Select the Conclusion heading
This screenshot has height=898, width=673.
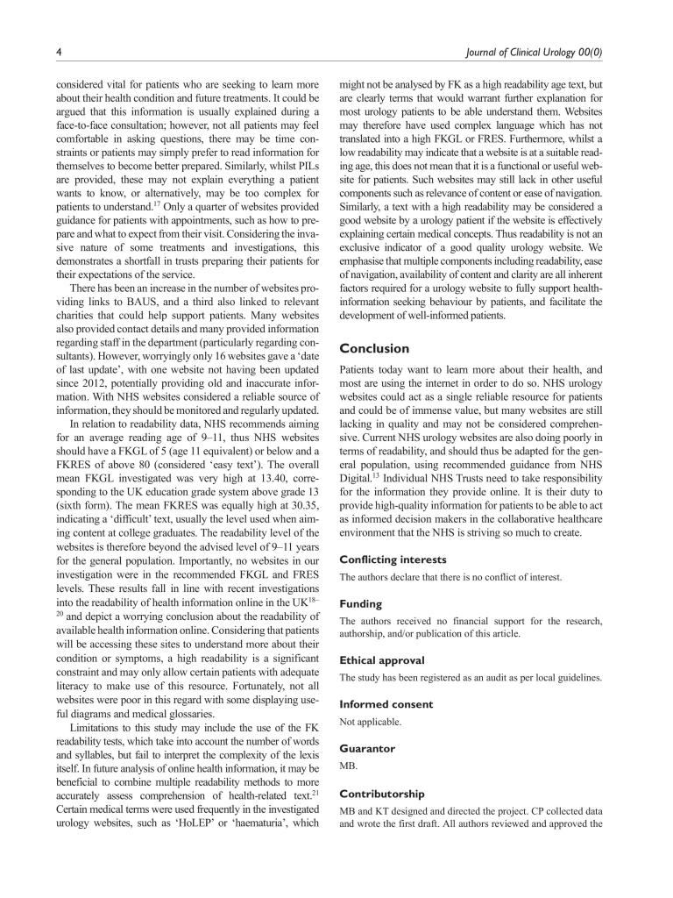click(374, 347)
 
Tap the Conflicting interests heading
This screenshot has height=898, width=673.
click(393, 559)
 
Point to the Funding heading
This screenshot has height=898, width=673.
click(361, 603)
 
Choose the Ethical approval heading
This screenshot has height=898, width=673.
click(382, 659)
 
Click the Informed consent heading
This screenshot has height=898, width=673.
click(386, 704)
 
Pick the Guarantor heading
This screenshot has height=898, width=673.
click(367, 749)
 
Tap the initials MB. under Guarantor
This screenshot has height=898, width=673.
click(348, 766)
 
